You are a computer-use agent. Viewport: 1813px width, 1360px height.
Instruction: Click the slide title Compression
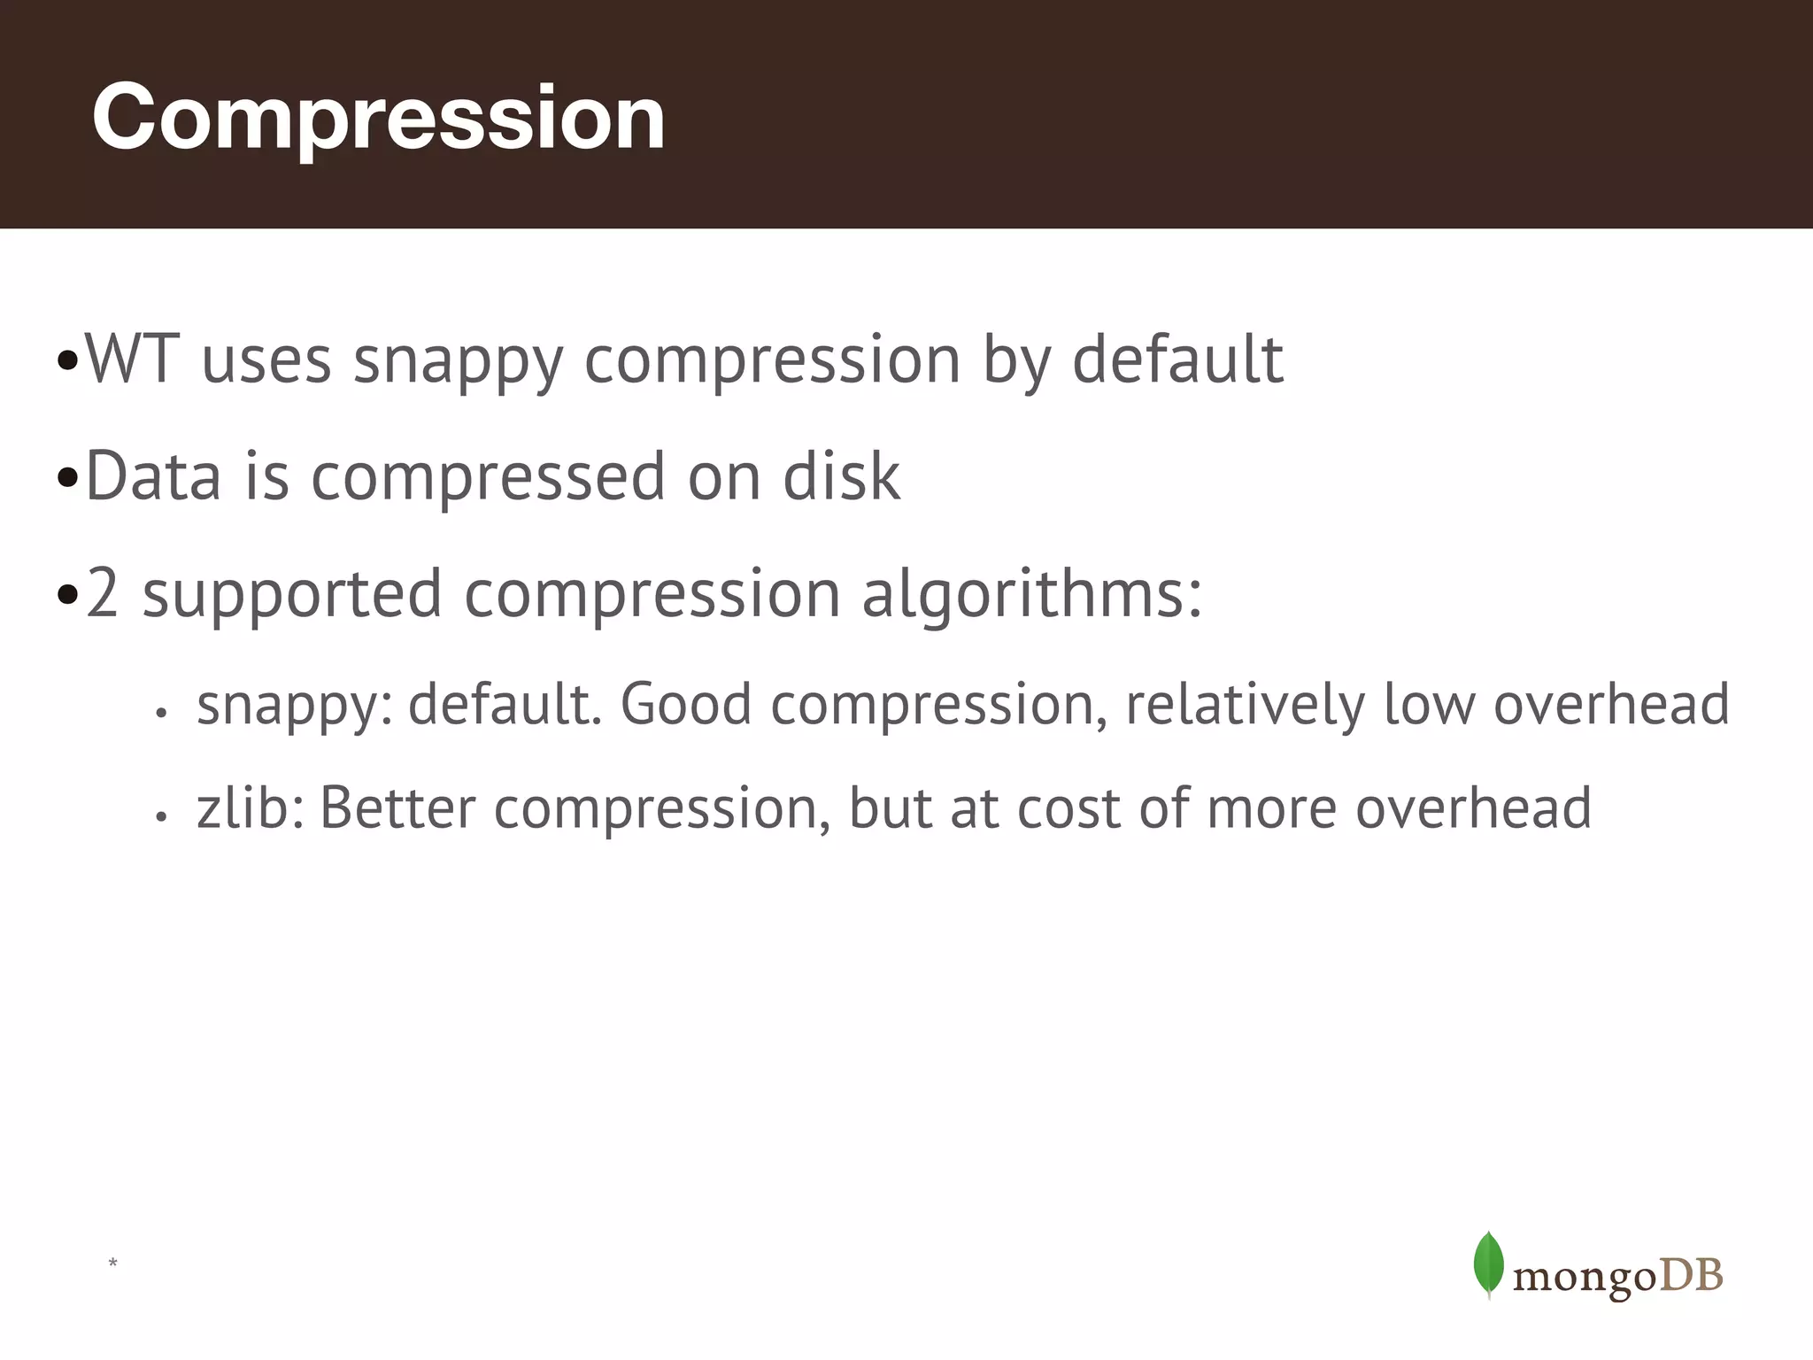(x=378, y=118)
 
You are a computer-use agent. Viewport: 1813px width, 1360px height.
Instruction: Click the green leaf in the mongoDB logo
(x=1488, y=1264)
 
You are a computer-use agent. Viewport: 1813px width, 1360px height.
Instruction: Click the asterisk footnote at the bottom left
(x=112, y=1263)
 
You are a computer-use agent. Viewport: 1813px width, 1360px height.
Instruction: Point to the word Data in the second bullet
(x=153, y=476)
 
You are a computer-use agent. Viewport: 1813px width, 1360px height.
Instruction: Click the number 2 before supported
(x=103, y=593)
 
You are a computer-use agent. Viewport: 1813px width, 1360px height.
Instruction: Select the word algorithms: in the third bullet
(x=1032, y=593)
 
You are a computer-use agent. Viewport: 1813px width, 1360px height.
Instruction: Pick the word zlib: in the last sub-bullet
(x=251, y=807)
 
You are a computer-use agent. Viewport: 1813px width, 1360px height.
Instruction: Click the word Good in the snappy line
(x=686, y=705)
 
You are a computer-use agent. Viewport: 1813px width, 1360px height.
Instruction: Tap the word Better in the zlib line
(x=397, y=807)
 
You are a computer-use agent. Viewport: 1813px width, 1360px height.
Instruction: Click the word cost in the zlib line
(x=1069, y=807)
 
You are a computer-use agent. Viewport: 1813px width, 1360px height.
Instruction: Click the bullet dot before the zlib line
(x=160, y=817)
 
